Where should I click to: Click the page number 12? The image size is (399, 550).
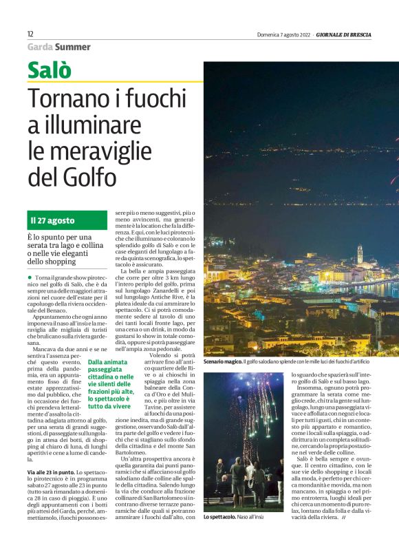30,34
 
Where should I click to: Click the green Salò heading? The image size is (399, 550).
50,70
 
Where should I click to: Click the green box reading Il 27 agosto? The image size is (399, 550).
67,220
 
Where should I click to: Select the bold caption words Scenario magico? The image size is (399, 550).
222,361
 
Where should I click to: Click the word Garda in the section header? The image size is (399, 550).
40,47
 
